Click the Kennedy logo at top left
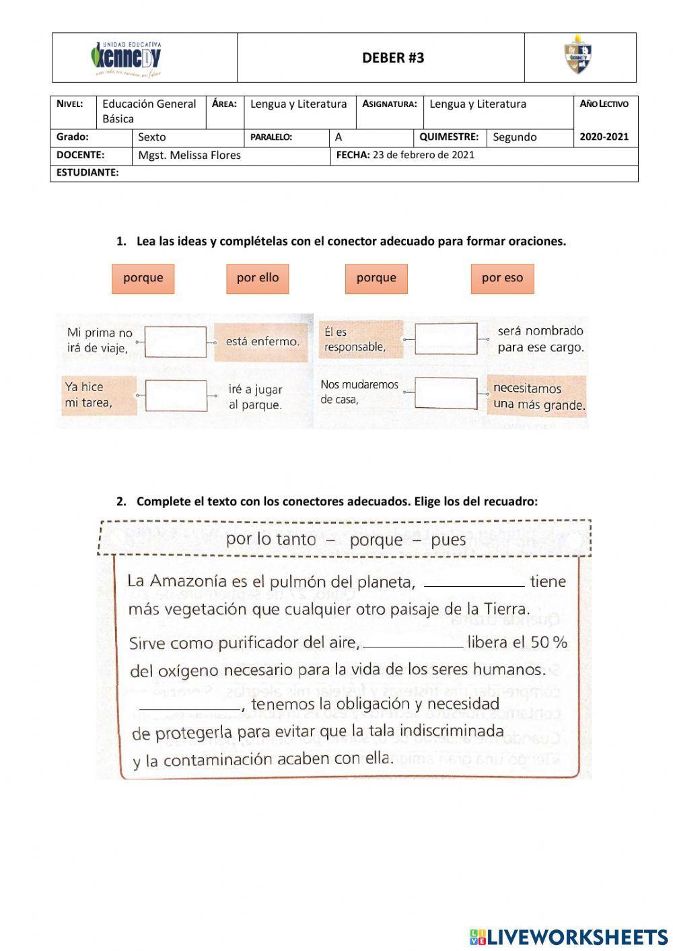(x=127, y=59)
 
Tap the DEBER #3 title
(x=393, y=58)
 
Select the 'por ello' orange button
(x=258, y=278)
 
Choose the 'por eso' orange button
(x=502, y=278)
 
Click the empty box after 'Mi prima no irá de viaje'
(x=176, y=342)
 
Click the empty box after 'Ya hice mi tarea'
(x=176, y=396)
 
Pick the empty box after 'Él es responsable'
(x=446, y=339)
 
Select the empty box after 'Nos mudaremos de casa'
(x=446, y=393)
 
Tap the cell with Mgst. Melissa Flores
(x=190, y=155)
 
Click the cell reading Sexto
(x=152, y=137)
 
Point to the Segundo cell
(x=515, y=137)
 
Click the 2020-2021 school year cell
(x=604, y=137)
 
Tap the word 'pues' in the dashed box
(x=448, y=540)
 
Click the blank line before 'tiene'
(x=474, y=583)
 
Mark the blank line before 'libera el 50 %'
(x=413, y=644)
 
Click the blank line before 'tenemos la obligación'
(x=189, y=706)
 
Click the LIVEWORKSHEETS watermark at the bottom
(x=569, y=936)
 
